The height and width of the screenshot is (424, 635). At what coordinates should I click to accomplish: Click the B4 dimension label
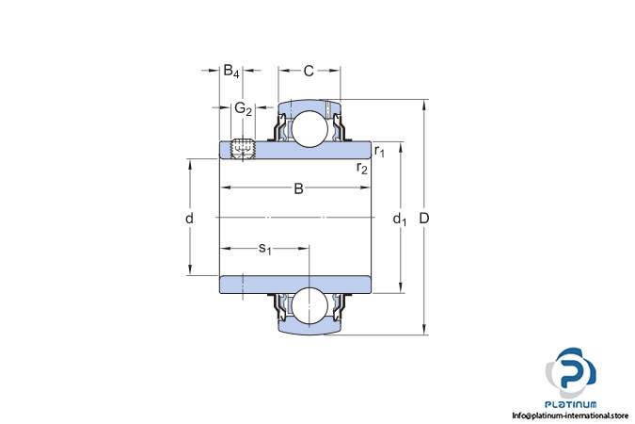tap(231, 71)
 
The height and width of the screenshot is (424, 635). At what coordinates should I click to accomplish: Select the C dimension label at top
tap(309, 71)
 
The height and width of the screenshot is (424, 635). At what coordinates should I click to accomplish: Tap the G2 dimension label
tap(244, 108)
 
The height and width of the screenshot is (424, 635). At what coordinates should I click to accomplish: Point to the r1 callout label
tap(379, 152)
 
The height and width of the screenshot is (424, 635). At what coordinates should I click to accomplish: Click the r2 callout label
tap(362, 167)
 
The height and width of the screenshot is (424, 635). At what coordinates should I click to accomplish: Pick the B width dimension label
tap(298, 188)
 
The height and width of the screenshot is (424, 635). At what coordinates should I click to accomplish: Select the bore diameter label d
tap(189, 219)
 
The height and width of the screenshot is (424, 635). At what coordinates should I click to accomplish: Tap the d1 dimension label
tap(400, 220)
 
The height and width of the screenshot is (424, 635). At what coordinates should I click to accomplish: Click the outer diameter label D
tap(423, 219)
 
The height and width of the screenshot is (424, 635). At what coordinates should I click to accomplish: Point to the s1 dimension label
tap(265, 248)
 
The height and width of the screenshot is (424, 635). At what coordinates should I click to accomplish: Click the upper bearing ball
tap(310, 128)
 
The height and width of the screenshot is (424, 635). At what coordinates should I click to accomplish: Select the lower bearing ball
tap(310, 305)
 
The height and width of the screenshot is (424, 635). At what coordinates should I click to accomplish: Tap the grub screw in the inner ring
tap(243, 149)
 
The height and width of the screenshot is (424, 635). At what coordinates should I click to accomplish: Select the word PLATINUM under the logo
tap(571, 404)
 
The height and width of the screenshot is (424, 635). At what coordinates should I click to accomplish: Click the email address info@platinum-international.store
tap(570, 416)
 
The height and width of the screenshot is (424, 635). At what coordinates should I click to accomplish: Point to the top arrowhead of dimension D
tap(424, 106)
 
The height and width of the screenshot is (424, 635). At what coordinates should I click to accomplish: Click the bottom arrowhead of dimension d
tap(189, 269)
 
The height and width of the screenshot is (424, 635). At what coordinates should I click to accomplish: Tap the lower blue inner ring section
tap(295, 285)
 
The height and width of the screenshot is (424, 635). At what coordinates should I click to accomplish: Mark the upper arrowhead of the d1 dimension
tap(401, 147)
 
